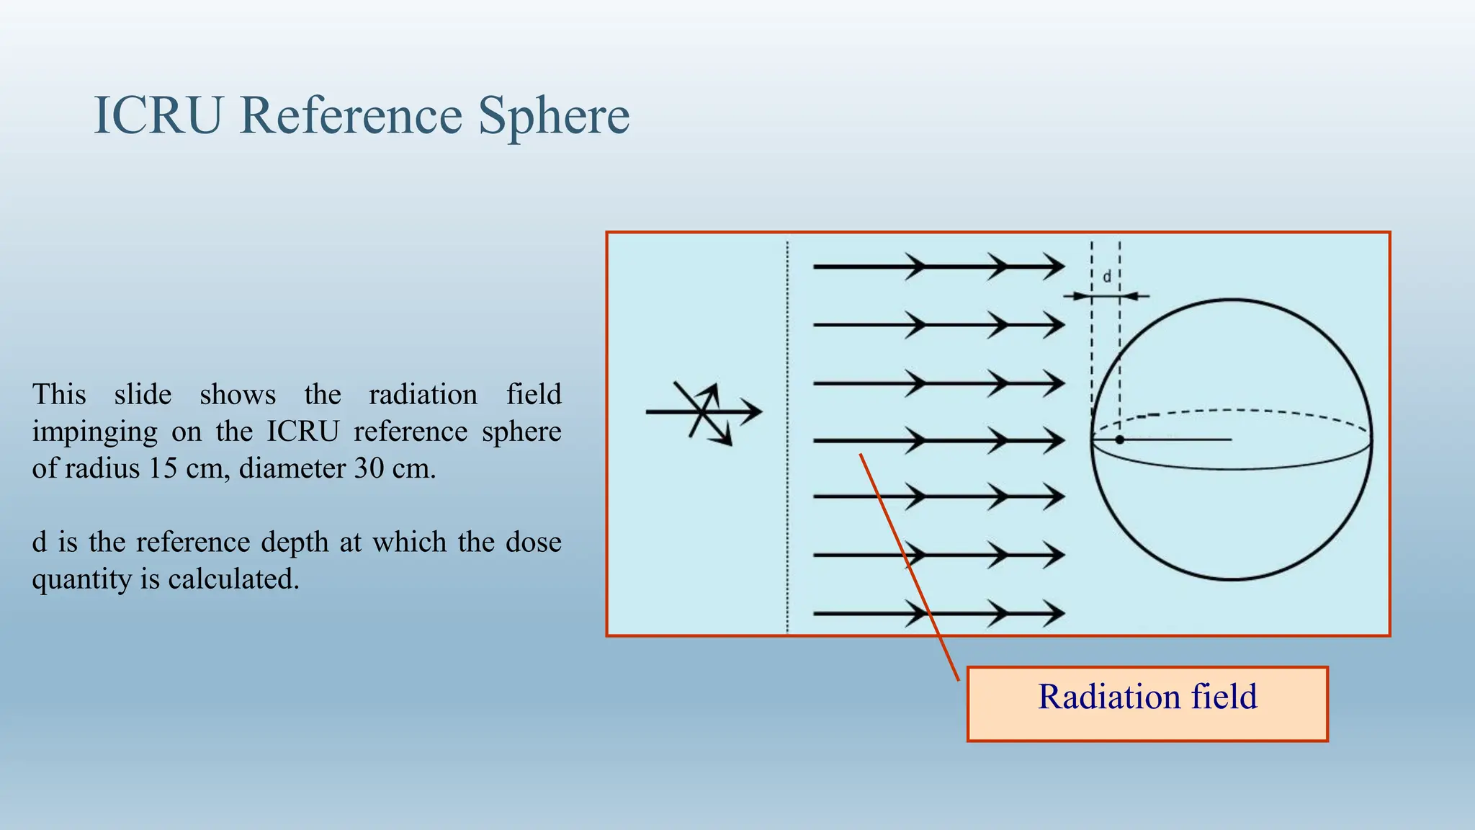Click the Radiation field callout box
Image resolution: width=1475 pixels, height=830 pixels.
1147,703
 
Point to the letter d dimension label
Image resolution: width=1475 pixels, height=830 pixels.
1107,277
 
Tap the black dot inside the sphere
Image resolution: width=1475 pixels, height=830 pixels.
1119,439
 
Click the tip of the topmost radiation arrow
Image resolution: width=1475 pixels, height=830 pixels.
1062,267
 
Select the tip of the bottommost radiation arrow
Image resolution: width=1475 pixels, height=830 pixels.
1062,614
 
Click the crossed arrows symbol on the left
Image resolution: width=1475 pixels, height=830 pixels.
704,412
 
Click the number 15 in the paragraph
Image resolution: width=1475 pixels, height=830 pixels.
162,469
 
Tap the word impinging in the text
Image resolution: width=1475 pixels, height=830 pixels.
94,432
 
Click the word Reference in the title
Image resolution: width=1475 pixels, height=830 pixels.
351,115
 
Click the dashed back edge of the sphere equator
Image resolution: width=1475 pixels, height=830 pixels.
1232,411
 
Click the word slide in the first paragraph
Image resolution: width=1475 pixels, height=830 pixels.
143,395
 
